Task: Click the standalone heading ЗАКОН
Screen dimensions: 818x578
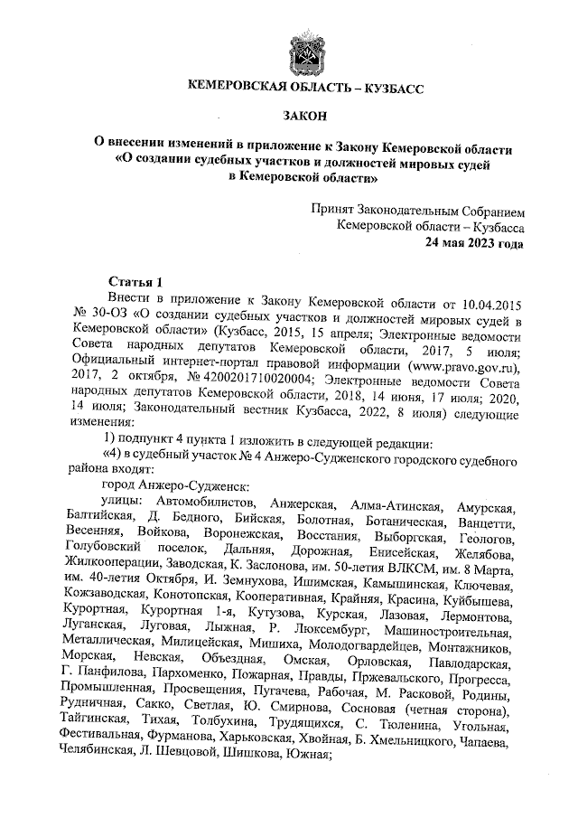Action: (x=305, y=116)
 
